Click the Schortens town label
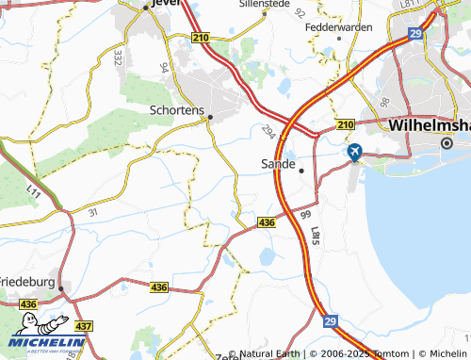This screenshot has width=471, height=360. click(x=177, y=109)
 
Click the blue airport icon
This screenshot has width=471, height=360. click(x=355, y=151)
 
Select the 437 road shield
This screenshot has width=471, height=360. click(x=84, y=326)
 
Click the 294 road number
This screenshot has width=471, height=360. click(x=271, y=134)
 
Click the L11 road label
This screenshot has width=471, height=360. click(x=33, y=194)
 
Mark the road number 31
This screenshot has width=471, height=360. click(x=92, y=213)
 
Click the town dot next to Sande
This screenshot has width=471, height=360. click(x=301, y=171)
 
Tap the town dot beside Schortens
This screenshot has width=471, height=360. click(x=210, y=118)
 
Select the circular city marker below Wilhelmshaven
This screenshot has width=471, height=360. click(x=447, y=142)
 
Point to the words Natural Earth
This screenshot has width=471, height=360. click(x=271, y=353)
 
